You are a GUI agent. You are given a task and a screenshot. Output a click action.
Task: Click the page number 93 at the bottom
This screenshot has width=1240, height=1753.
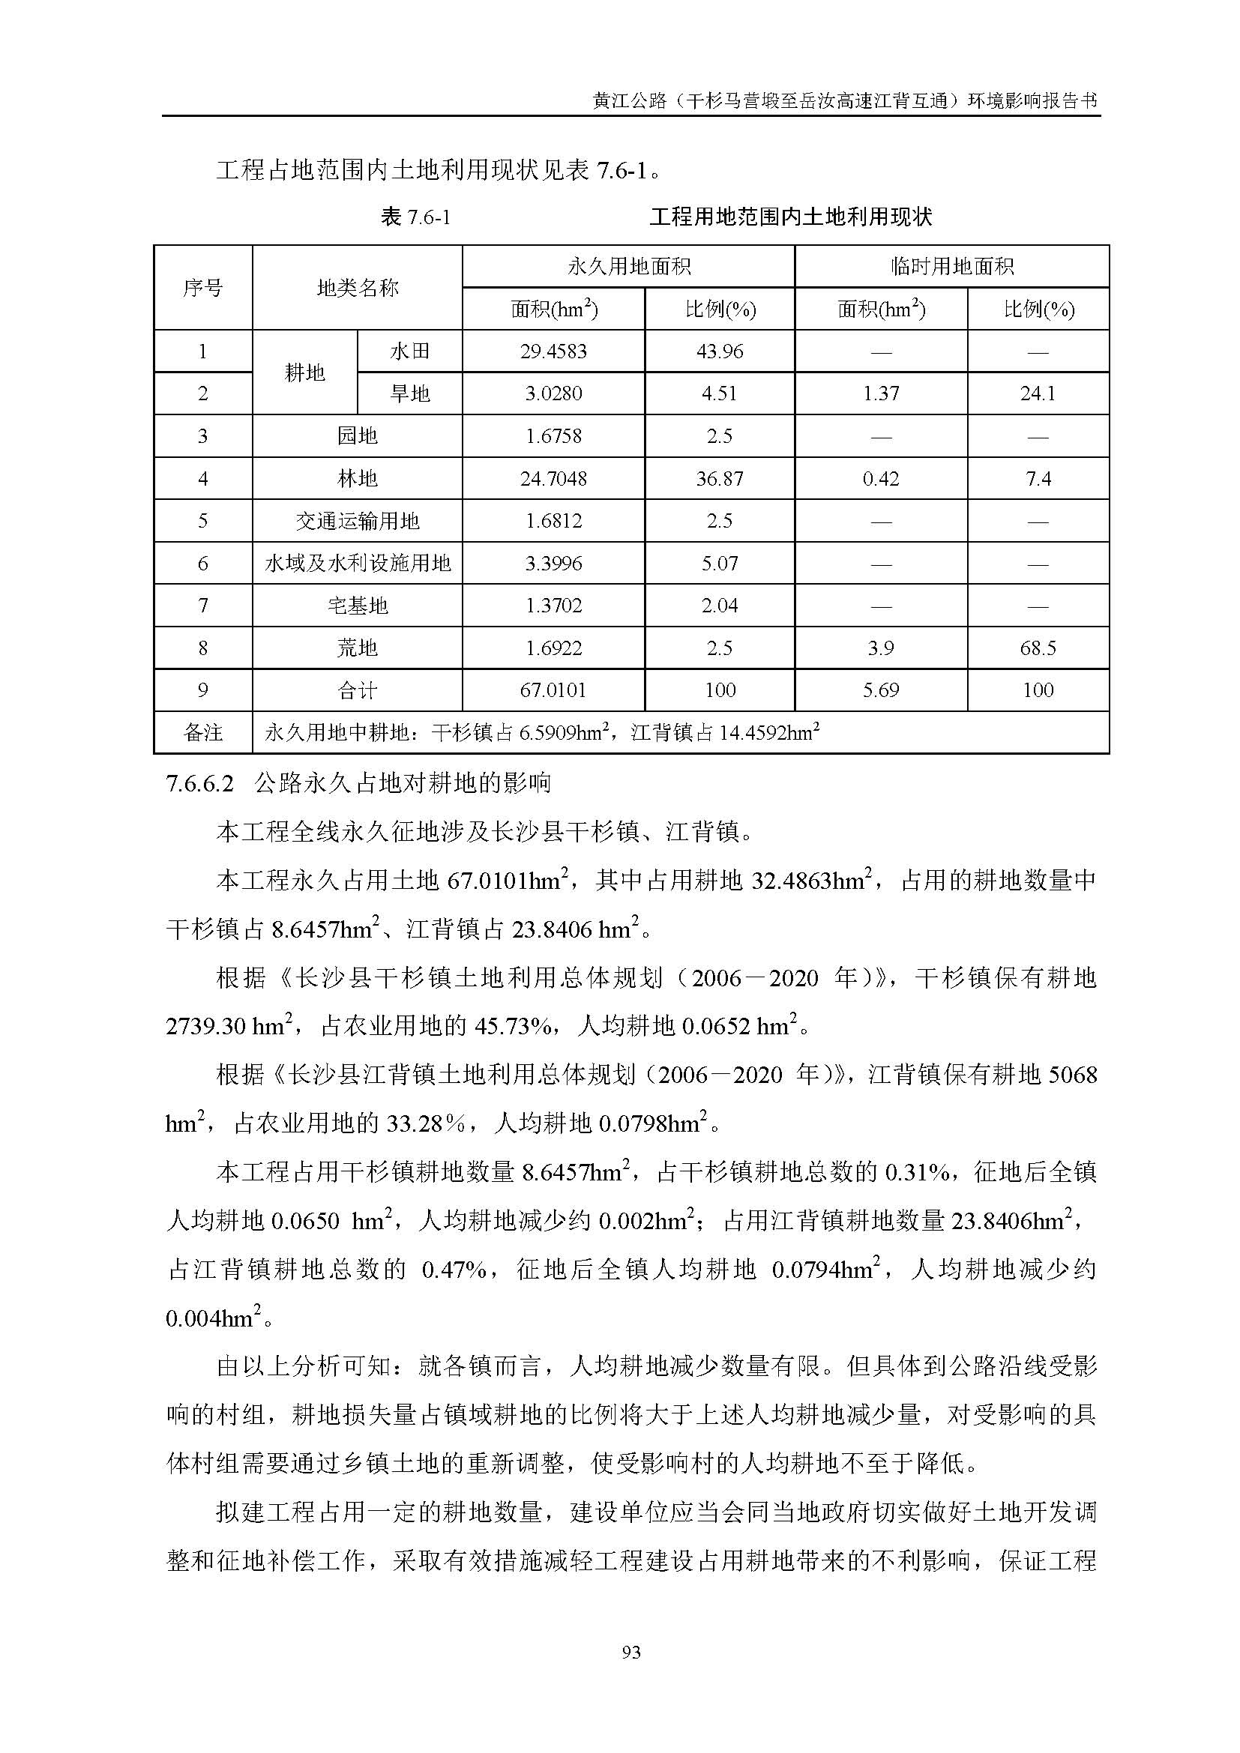coord(630,1653)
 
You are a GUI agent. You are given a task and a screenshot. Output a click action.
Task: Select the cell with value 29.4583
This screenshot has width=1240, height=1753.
coord(553,351)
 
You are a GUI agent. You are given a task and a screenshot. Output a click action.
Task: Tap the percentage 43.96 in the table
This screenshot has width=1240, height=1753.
coord(719,351)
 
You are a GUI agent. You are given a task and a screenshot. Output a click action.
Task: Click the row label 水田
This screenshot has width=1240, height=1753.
coord(410,351)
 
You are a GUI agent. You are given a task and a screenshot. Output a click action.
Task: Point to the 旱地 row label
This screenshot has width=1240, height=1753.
coord(410,393)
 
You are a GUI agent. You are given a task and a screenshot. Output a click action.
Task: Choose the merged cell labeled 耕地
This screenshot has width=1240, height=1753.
coord(304,372)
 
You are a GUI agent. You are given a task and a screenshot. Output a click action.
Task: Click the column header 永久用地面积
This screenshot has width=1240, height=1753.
coord(628,267)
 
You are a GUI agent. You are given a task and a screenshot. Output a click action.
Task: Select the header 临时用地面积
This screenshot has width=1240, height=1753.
coord(951,267)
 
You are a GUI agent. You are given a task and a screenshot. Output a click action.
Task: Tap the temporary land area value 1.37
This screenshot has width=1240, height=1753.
coord(880,393)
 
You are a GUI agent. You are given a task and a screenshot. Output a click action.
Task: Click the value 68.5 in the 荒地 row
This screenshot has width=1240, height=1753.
coord(1038,648)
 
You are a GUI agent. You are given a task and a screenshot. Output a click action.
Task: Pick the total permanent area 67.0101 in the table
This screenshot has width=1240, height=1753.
coord(553,690)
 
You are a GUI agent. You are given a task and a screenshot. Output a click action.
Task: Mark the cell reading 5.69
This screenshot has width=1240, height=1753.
coord(880,690)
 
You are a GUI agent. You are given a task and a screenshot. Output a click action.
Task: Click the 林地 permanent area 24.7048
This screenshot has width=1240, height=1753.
coord(553,479)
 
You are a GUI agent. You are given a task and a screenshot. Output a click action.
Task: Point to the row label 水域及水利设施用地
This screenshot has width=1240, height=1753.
coord(358,564)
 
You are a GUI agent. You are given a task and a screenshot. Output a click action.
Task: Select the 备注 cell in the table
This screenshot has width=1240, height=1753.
coord(203,733)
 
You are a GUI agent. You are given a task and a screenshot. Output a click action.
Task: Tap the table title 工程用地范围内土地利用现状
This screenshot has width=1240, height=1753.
coord(790,217)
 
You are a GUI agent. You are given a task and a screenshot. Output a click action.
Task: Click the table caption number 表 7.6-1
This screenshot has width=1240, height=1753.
coord(415,217)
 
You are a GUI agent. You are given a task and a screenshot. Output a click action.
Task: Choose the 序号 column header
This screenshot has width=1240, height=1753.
coord(203,288)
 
